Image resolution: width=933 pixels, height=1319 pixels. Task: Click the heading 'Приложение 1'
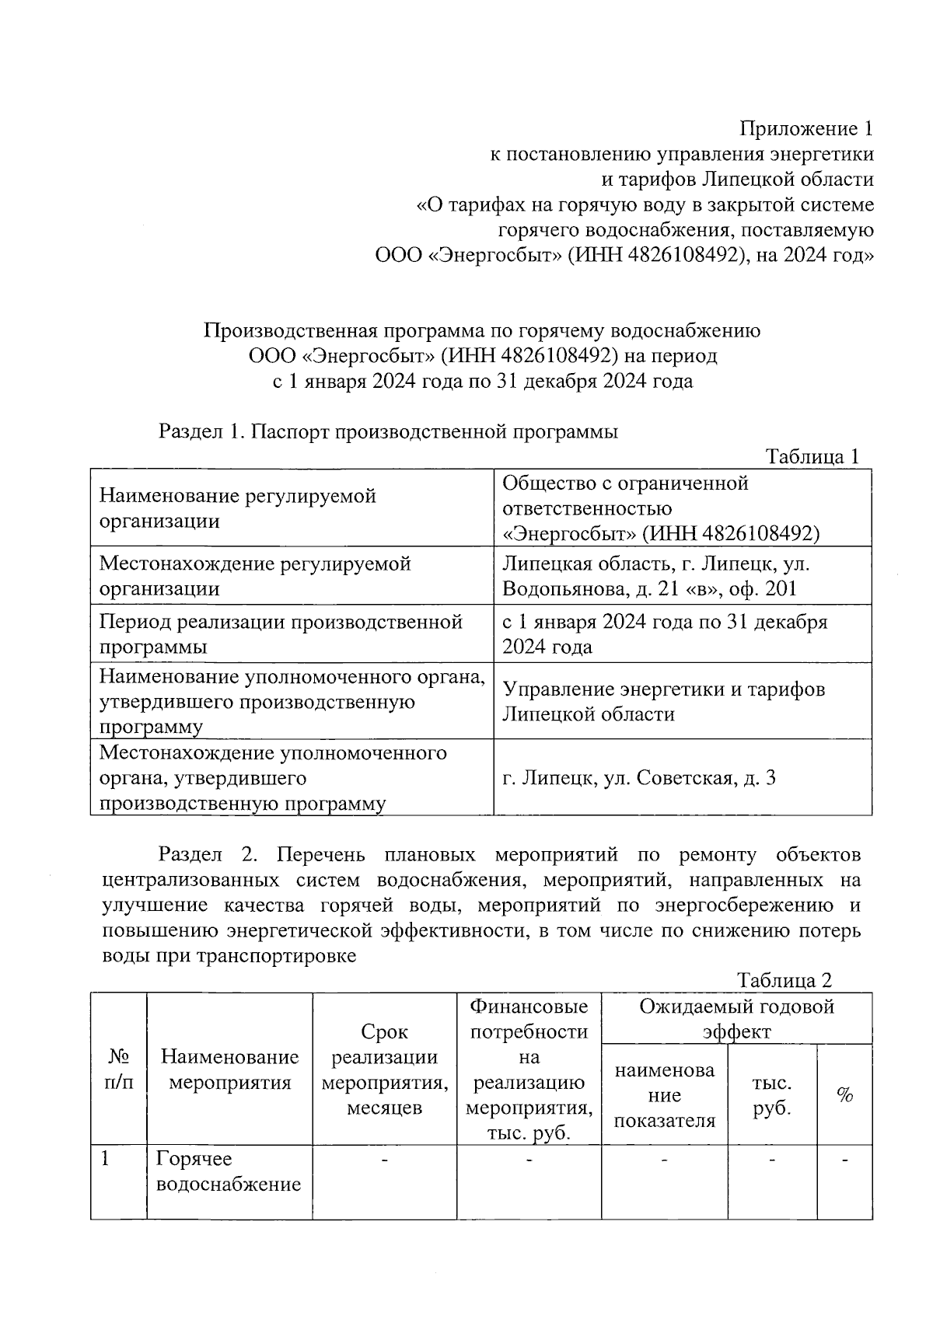point(805,128)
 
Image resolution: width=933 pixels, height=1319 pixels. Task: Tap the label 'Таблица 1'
point(812,456)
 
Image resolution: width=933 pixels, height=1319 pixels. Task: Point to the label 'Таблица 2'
point(784,980)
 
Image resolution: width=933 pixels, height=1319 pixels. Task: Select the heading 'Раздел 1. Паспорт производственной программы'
point(388,431)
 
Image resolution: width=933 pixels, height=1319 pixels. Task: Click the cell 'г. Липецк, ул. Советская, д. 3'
point(638,778)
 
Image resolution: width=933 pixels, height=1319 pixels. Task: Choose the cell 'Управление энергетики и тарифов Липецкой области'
point(663,701)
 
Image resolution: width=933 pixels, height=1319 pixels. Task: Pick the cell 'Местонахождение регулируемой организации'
point(255,576)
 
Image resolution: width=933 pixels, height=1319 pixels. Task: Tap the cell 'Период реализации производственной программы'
point(281,634)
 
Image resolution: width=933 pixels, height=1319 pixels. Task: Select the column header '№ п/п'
point(118,1069)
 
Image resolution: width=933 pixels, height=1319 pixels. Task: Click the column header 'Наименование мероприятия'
point(229,1069)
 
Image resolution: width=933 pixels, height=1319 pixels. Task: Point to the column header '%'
point(844,1095)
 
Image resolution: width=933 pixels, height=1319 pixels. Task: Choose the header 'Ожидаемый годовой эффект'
point(736,1019)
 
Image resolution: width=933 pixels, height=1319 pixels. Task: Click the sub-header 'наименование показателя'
point(664,1095)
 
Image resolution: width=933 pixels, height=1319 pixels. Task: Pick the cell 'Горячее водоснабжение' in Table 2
point(229,1171)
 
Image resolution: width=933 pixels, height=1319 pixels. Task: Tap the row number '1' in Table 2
point(105,1159)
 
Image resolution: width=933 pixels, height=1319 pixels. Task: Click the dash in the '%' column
point(844,1160)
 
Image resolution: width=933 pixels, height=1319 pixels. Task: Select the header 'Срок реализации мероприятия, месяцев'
point(384,1069)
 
